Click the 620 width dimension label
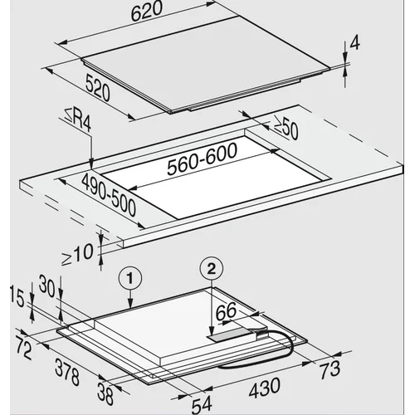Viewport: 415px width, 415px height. click(x=147, y=12)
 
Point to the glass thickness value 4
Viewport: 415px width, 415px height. click(x=355, y=43)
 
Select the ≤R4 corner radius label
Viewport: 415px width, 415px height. click(x=78, y=121)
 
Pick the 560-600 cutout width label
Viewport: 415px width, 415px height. click(x=203, y=159)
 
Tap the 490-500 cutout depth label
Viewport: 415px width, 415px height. click(x=109, y=195)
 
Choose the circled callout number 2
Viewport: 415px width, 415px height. click(x=211, y=268)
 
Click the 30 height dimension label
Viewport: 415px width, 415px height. click(x=47, y=286)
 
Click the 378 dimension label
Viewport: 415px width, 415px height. click(x=67, y=372)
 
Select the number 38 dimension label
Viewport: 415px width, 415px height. click(x=105, y=393)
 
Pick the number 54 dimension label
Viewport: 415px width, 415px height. click(x=202, y=405)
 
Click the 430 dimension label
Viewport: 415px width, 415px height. click(x=265, y=388)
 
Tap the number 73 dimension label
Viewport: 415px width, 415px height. click(x=330, y=370)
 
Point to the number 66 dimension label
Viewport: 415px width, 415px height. click(x=226, y=310)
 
